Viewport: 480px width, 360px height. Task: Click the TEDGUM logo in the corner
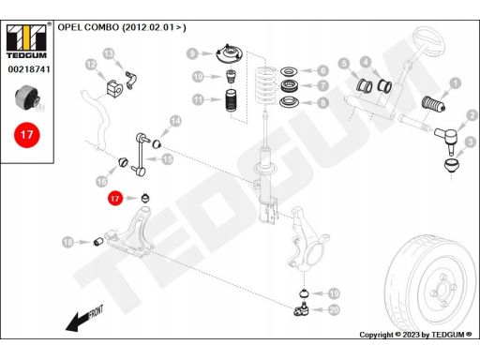click(26, 41)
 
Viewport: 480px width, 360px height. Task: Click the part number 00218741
click(29, 69)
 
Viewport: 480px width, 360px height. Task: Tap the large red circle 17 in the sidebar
click(27, 135)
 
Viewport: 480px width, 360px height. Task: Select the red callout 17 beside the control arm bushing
click(115, 198)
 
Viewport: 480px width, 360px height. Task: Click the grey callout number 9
click(192, 53)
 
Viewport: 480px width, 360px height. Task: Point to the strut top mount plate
click(229, 54)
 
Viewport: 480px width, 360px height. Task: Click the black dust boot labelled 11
click(232, 100)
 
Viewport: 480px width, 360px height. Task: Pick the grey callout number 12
click(91, 65)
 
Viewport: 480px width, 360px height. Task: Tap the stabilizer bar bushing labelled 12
click(114, 88)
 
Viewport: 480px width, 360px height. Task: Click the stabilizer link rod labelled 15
click(141, 155)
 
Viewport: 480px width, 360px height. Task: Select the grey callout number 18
click(67, 242)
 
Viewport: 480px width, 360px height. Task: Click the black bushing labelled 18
click(98, 241)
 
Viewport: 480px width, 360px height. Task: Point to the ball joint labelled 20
click(302, 309)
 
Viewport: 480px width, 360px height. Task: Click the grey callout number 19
click(334, 293)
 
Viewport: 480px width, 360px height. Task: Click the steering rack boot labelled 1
click(433, 104)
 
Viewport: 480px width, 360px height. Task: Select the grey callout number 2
click(472, 115)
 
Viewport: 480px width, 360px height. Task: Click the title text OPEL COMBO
click(88, 27)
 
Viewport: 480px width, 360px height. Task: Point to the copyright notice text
click(415, 335)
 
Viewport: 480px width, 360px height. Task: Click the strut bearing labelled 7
click(290, 86)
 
